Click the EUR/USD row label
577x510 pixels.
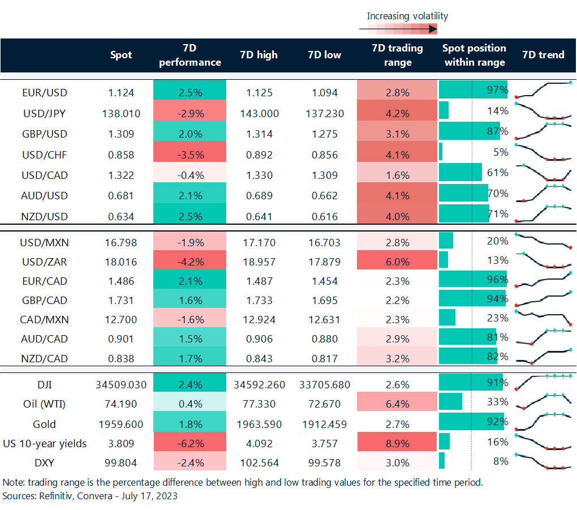pyautogui.click(x=45, y=92)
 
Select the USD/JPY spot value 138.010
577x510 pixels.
pyautogui.click(x=121, y=113)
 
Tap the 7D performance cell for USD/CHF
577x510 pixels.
pyautogui.click(x=190, y=155)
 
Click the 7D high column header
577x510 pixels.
pyautogui.click(x=259, y=55)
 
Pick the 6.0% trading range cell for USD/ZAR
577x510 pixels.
pyautogui.click(x=397, y=262)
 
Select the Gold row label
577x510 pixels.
pyautogui.click(x=45, y=423)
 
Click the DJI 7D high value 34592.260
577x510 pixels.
pyautogui.click(x=259, y=385)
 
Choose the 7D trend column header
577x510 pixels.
pyautogui.click(x=543, y=55)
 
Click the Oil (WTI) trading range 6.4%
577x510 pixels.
pyautogui.click(x=397, y=404)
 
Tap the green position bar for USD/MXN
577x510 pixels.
pyautogui.click(x=446, y=241)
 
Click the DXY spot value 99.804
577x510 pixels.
pyautogui.click(x=121, y=462)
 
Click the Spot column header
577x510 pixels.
pyautogui.click(x=121, y=55)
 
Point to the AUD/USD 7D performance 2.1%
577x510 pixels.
pyautogui.click(x=190, y=195)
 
